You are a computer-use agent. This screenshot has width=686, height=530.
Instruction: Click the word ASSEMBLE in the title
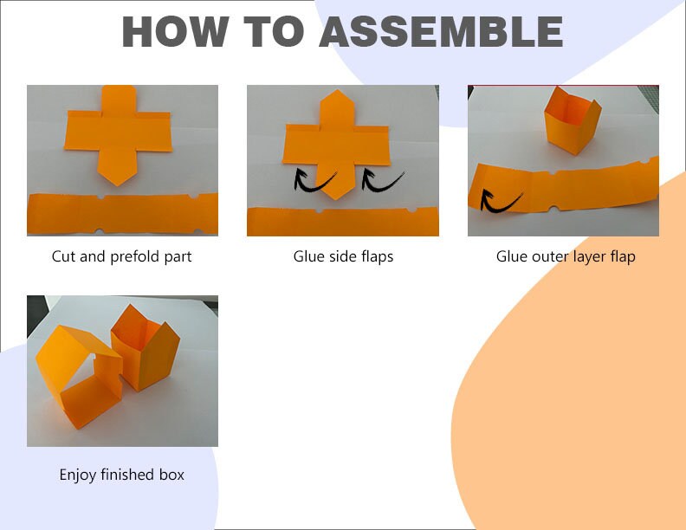coord(441,31)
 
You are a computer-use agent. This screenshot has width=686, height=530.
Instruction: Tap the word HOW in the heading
coord(175,31)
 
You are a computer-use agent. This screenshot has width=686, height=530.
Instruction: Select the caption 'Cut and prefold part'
coord(121,256)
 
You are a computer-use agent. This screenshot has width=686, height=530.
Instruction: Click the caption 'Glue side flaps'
coord(343,256)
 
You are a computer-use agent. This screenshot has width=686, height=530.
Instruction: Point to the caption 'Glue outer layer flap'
coord(566,256)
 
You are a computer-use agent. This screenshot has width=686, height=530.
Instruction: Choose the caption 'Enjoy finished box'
coord(121,475)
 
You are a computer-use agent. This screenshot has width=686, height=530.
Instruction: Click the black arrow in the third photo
coord(500,202)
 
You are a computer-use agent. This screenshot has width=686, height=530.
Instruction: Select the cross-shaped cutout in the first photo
coord(118,133)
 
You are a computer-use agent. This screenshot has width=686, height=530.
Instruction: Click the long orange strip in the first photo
coord(122,214)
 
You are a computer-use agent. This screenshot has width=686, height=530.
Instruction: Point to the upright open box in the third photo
coord(573,121)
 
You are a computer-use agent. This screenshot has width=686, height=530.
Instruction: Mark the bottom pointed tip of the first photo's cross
coord(117,186)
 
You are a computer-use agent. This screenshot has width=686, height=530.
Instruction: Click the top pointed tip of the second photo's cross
coord(337,90)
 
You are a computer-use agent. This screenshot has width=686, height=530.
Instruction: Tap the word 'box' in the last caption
coord(171,475)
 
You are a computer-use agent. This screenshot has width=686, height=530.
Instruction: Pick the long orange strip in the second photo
coord(343,223)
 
